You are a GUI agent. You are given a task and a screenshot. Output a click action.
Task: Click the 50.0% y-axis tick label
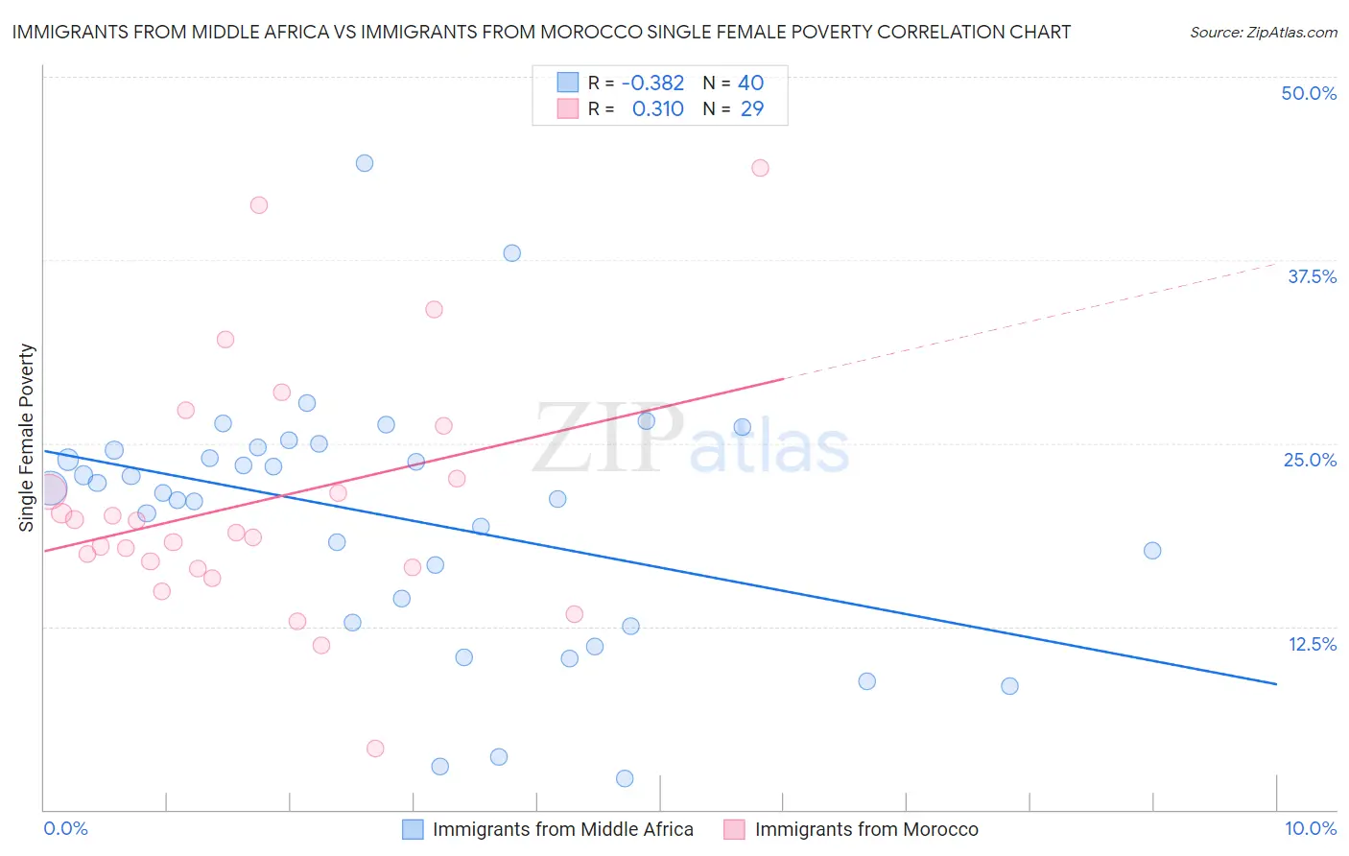point(1309,93)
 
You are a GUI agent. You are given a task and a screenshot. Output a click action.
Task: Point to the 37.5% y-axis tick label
point(1312,276)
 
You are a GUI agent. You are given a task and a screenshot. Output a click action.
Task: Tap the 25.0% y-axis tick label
point(1310,460)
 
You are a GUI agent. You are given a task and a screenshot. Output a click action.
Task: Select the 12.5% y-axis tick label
point(1312,644)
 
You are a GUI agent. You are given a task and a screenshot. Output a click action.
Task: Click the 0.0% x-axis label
point(65,828)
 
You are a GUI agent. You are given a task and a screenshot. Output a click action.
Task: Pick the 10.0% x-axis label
point(1310,828)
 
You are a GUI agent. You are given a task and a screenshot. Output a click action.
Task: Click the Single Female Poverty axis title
point(27,438)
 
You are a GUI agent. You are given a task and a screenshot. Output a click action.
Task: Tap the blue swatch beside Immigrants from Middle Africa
point(413,829)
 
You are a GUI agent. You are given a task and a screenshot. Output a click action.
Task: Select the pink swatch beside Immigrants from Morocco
point(735,829)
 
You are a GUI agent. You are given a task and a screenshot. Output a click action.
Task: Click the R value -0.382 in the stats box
point(652,83)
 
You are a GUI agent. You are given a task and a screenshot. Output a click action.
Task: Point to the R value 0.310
point(657,109)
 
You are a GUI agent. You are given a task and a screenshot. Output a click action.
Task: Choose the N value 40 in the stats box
point(750,83)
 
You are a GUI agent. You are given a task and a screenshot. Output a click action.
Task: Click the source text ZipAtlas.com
point(1263,33)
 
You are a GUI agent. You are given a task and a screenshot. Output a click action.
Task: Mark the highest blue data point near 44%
point(365,163)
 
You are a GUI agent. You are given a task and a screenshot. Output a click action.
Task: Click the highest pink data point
point(760,168)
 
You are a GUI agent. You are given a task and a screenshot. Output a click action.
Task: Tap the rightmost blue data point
point(1152,551)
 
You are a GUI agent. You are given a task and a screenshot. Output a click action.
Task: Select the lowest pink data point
point(375,749)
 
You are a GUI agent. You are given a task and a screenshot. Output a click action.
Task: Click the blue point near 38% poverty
point(512,253)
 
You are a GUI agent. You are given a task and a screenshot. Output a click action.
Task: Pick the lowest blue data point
point(625,778)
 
